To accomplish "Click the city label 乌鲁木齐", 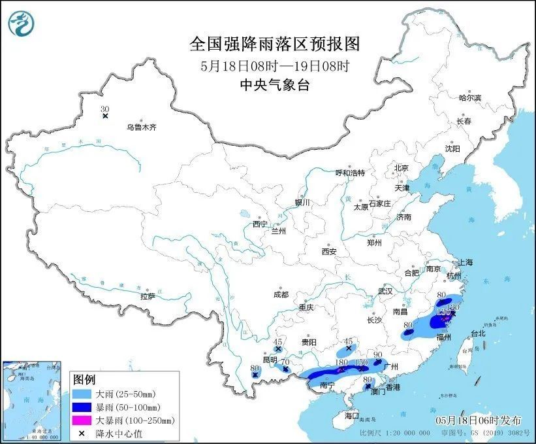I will tap(141, 128).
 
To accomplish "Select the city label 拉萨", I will tap(148, 296).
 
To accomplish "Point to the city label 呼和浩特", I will tap(350, 173).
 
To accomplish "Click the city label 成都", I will tap(281, 294).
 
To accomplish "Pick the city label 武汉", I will tap(385, 290).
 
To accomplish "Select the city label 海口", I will tap(352, 415).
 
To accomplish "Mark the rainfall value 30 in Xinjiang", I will tap(104, 109).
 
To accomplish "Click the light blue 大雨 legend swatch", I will tap(84, 394).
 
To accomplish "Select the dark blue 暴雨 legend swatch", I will tap(84, 407).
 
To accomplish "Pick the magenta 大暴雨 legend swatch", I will tap(84, 420).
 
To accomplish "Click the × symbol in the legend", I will tap(84, 432).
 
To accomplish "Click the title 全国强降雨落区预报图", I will tap(274, 44).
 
